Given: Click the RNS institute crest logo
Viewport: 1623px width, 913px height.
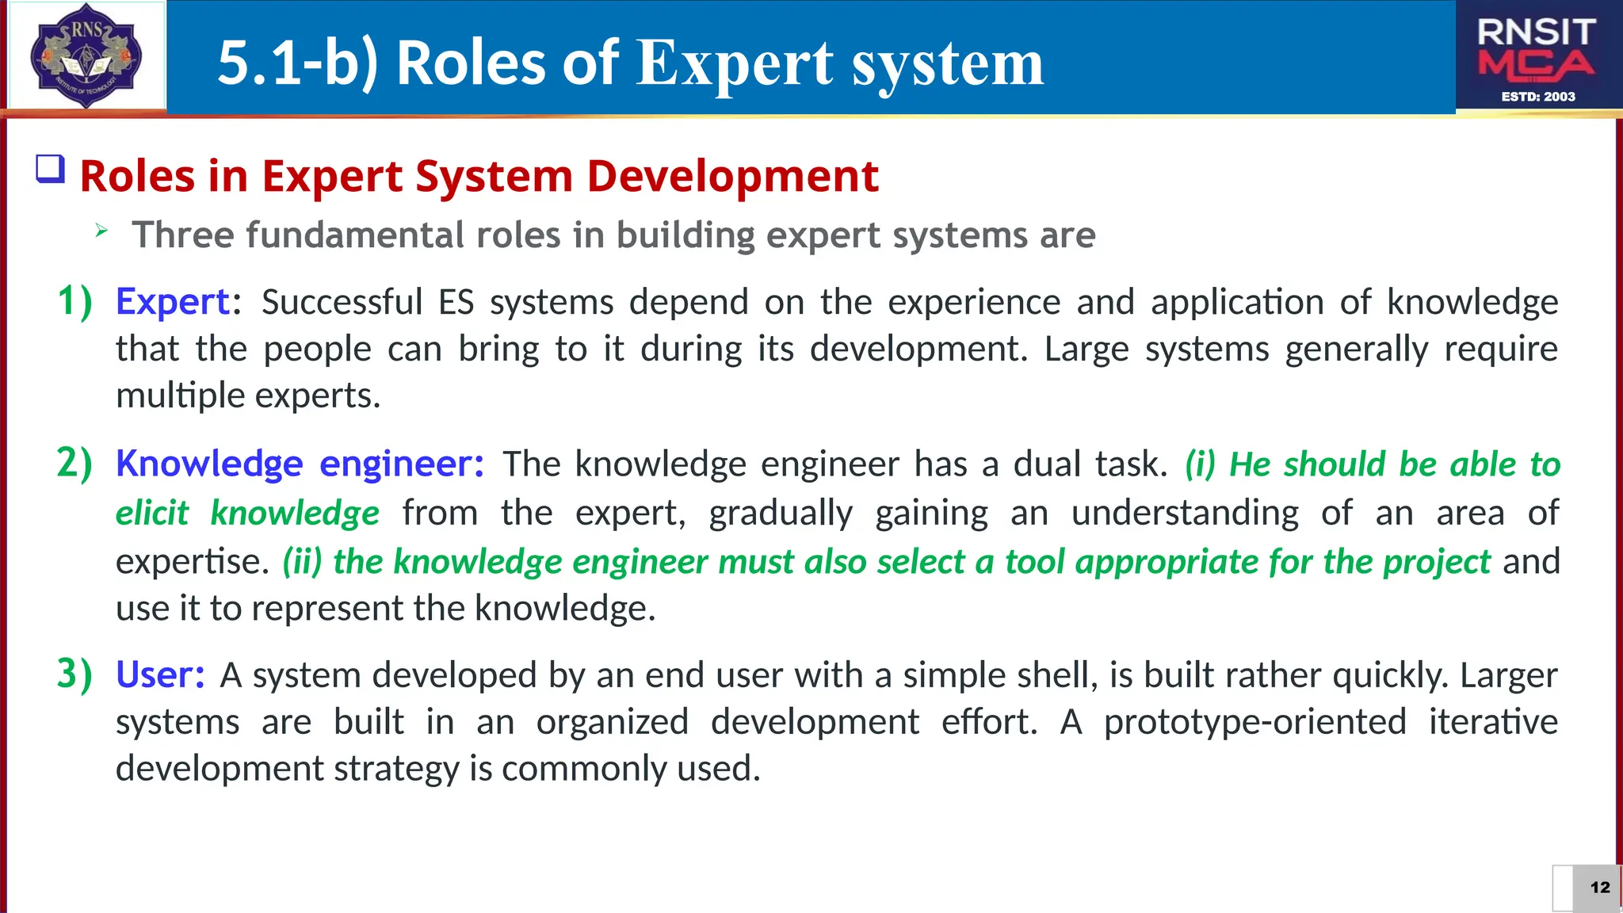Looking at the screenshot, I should [86, 55].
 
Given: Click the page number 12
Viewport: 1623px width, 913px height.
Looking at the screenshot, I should [1600, 887].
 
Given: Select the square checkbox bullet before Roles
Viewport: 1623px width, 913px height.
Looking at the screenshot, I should [50, 170].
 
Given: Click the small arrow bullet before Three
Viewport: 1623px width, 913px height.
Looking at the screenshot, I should [101, 231].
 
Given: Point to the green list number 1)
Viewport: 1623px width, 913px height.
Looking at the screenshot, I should [75, 301].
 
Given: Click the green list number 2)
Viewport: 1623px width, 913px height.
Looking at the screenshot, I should [75, 463].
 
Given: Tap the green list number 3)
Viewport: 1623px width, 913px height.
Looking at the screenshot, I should [75, 674].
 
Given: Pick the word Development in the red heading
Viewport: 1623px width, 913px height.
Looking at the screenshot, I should [732, 176].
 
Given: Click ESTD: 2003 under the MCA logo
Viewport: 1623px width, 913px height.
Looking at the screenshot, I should [1538, 97].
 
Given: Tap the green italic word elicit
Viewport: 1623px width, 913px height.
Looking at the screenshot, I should [152, 513].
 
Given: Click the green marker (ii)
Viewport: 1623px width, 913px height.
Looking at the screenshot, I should [302, 562].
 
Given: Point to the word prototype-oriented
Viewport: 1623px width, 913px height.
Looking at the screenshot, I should [1254, 722].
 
